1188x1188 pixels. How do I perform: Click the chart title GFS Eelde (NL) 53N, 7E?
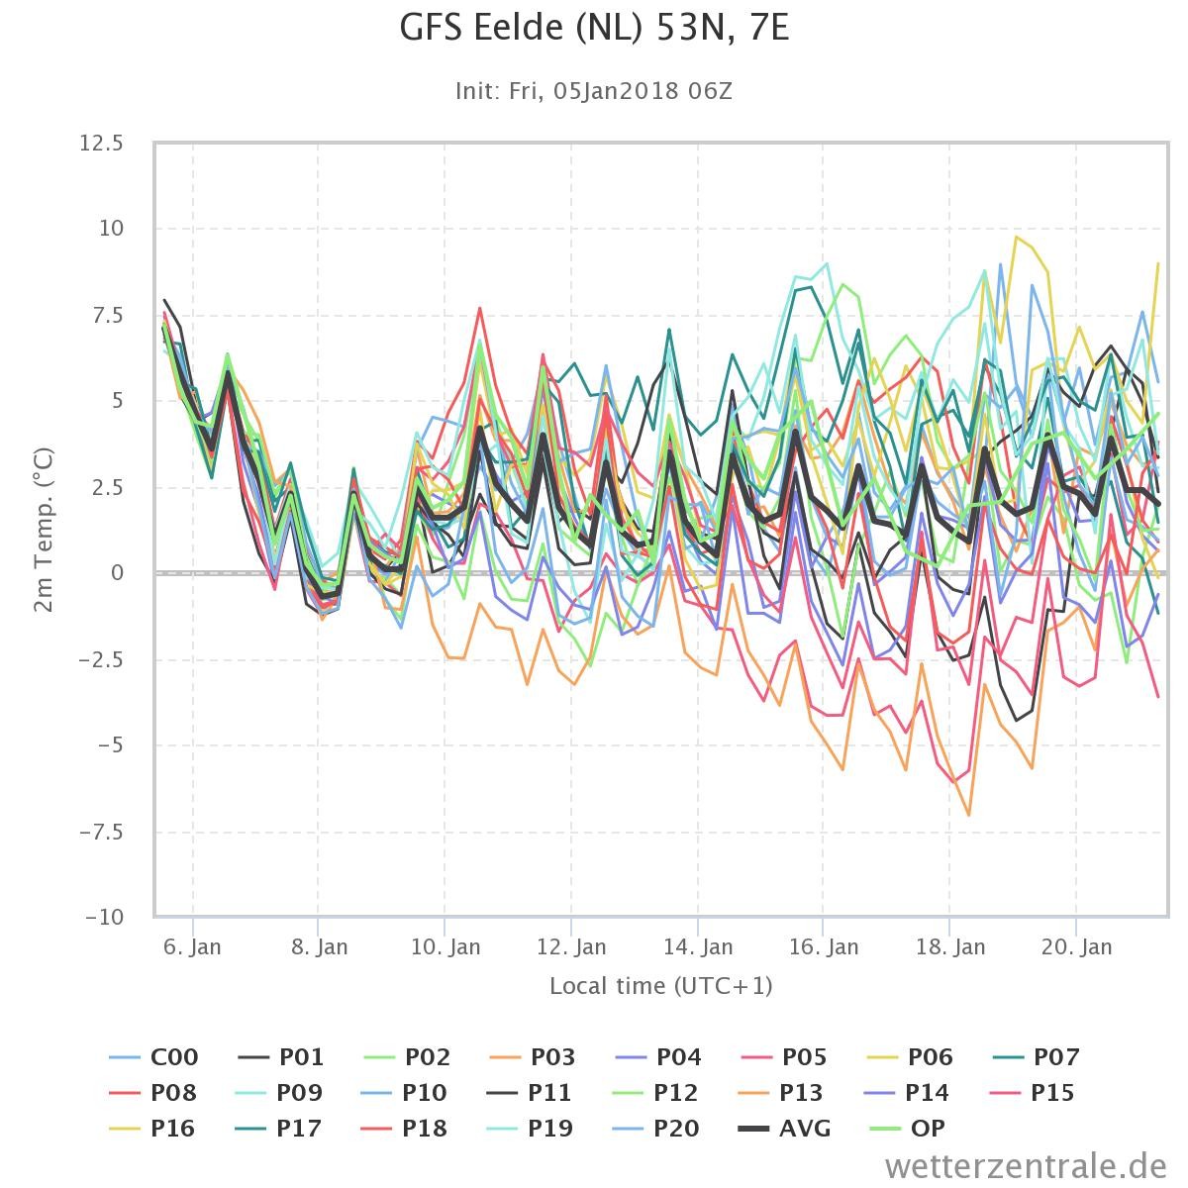click(x=594, y=28)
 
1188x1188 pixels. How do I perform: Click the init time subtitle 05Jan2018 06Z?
click(x=643, y=91)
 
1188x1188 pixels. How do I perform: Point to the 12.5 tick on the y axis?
click(x=101, y=143)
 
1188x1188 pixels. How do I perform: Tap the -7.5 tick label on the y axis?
click(x=101, y=832)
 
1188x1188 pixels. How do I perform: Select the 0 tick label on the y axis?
click(x=117, y=573)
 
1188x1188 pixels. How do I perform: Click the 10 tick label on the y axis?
click(x=112, y=229)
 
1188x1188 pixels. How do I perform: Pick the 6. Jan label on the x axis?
click(x=192, y=947)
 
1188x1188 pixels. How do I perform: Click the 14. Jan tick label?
click(x=698, y=947)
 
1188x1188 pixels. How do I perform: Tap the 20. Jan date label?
click(x=1076, y=947)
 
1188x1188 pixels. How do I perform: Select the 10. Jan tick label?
click(x=445, y=947)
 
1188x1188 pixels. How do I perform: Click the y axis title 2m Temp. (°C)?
click(x=44, y=531)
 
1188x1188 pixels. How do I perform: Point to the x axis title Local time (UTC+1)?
click(x=661, y=986)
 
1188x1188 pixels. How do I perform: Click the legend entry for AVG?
click(x=785, y=1129)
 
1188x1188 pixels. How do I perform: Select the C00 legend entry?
click(x=153, y=1056)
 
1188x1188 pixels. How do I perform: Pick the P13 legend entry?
click(x=780, y=1092)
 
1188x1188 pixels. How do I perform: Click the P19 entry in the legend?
click(x=530, y=1129)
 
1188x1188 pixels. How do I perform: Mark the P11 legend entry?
click(x=530, y=1092)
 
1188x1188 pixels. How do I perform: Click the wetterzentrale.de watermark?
click(x=1026, y=1166)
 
